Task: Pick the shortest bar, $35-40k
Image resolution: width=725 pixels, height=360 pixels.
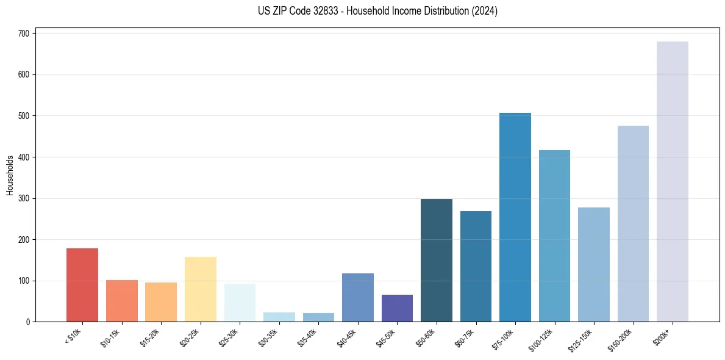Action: pos(318,317)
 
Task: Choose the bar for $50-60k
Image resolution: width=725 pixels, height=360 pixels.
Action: pos(437,260)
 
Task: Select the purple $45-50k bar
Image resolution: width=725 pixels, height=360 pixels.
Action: pos(397,308)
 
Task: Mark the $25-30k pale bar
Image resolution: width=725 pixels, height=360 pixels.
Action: pos(240,303)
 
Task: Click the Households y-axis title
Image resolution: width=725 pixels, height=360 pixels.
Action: pos(10,175)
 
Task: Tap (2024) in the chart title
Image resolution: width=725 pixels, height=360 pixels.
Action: pos(485,11)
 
